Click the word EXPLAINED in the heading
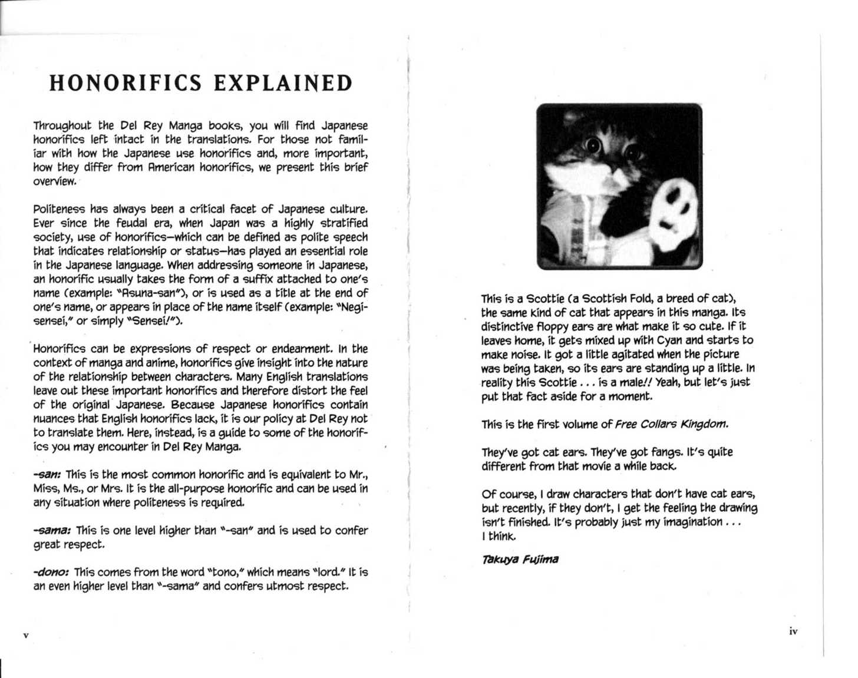coord(283,83)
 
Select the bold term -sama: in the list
coord(52,531)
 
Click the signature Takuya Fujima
coord(520,560)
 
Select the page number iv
coord(793,631)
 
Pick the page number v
coord(25,636)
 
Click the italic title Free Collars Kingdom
coord(671,425)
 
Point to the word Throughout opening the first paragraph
coord(62,126)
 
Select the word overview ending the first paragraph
coord(54,181)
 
